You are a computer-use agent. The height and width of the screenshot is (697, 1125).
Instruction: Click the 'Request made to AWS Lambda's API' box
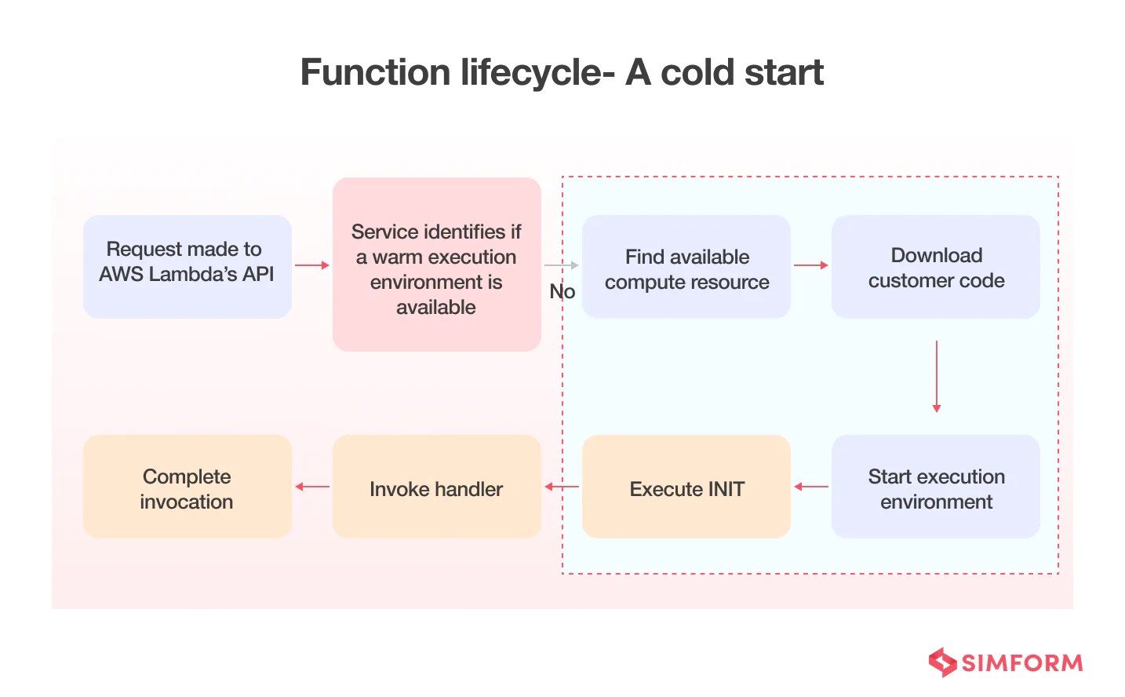(187, 266)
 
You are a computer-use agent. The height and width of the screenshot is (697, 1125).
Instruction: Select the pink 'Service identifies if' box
(436, 265)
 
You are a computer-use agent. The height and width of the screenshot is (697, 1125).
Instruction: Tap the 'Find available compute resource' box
(686, 266)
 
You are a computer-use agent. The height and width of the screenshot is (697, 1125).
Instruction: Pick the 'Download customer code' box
(936, 266)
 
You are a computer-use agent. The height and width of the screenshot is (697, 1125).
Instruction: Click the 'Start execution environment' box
(936, 487)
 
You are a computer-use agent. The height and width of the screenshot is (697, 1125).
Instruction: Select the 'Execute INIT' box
(686, 487)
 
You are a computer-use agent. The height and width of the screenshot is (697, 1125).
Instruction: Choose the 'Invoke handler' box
(436, 487)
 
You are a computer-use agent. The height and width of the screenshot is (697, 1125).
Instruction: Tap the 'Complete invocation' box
(187, 487)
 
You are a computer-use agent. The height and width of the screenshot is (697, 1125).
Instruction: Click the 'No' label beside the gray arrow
(562, 292)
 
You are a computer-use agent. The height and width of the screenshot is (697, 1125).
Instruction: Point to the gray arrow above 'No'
(562, 265)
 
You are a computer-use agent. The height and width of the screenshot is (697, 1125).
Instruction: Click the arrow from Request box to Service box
(312, 265)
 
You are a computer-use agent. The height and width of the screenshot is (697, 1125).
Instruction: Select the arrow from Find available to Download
(811, 265)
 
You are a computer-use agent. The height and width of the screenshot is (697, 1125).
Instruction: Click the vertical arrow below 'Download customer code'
(936, 377)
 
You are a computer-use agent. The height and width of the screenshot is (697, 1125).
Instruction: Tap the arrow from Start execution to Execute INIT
(811, 487)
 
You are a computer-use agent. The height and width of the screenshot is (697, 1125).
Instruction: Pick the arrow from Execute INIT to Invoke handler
(562, 487)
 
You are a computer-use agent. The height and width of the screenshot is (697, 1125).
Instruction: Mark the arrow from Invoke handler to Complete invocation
(312, 487)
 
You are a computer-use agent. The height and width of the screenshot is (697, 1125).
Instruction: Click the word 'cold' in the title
(698, 73)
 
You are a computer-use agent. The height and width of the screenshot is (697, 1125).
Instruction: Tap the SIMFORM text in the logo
(1021, 663)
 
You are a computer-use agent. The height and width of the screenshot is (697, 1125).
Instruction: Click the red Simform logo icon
(942, 662)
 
